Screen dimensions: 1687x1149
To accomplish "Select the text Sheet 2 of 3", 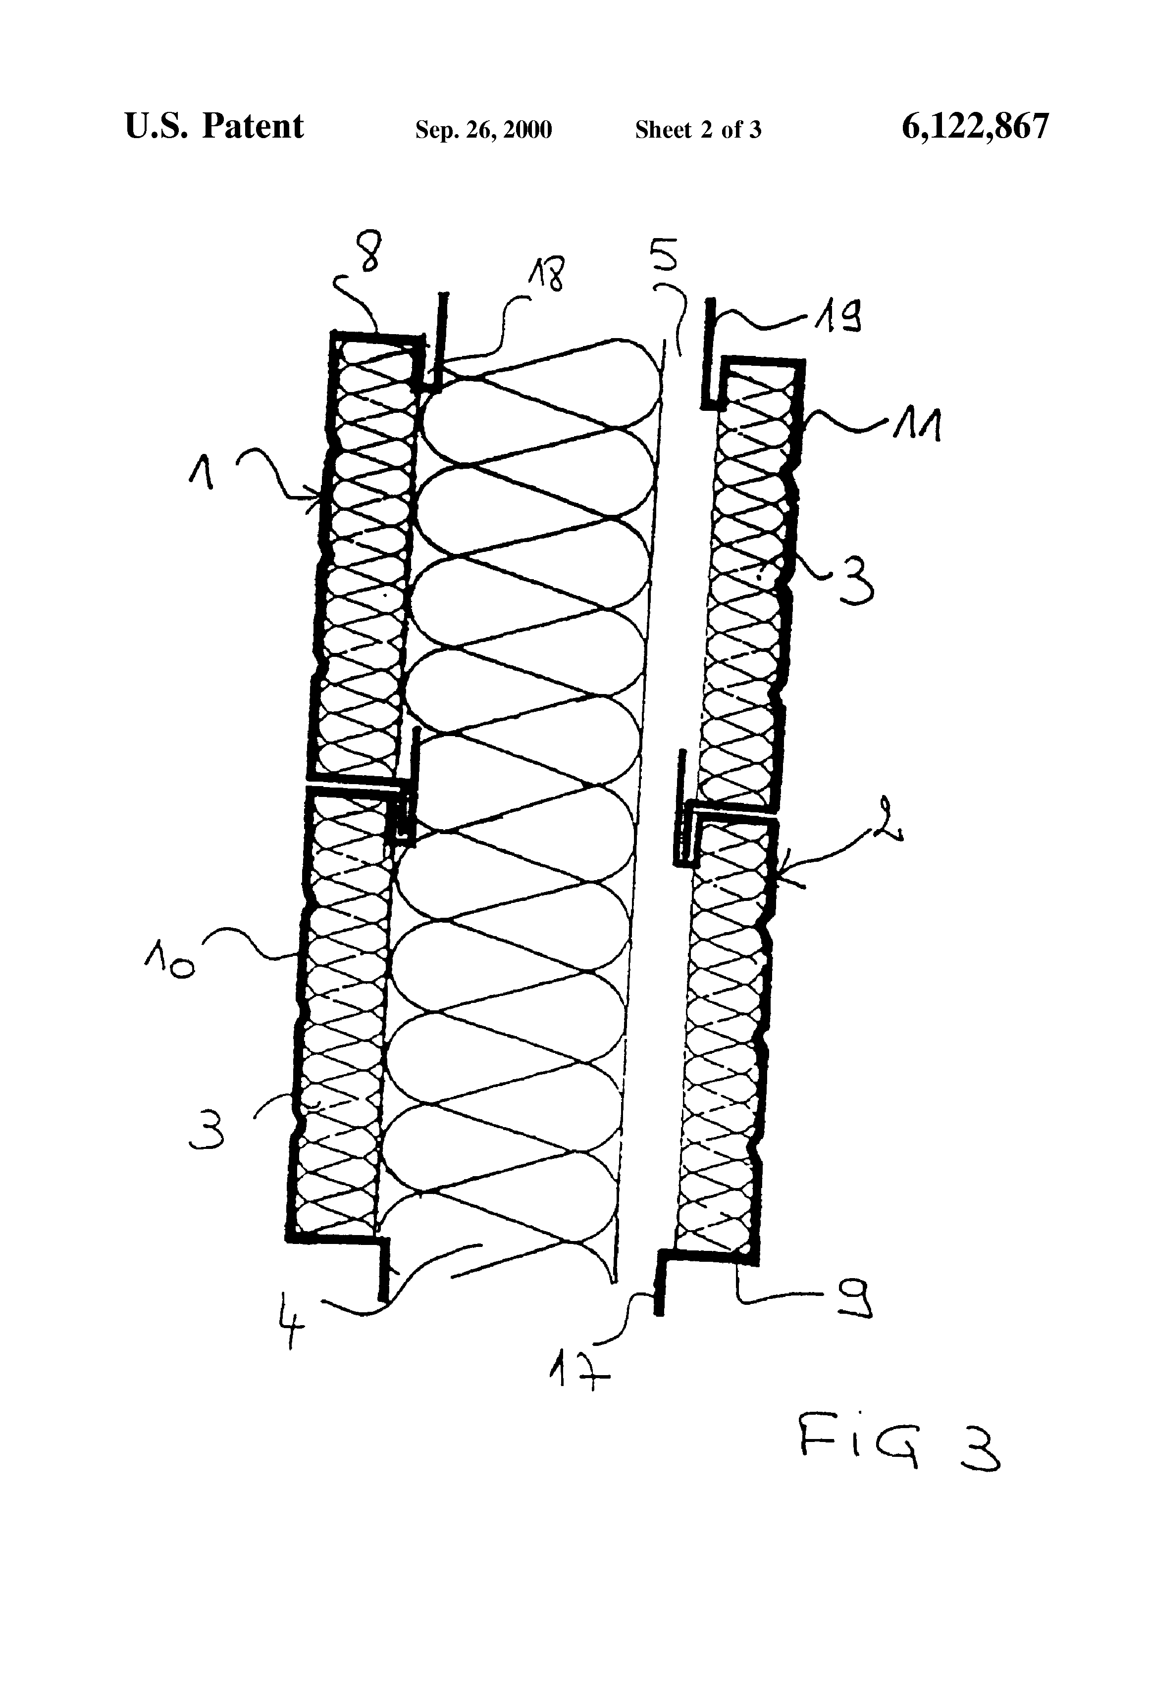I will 698,130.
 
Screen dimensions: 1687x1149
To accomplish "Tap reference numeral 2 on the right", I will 889,820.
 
